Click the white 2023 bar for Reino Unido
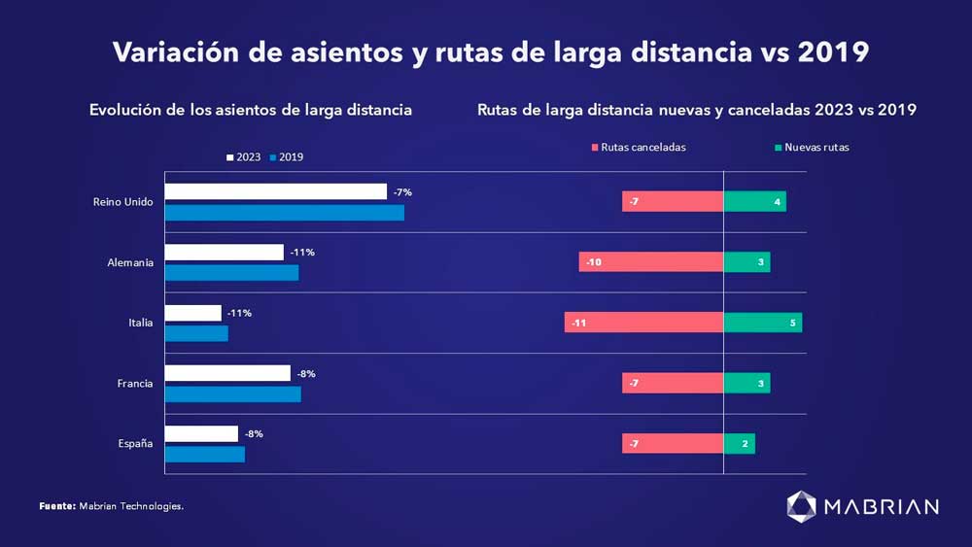275,191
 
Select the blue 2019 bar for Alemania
231,273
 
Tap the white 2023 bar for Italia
192,313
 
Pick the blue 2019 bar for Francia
232,393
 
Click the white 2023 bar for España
201,433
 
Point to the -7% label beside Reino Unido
402,192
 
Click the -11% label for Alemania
303,253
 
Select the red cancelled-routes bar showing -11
643,323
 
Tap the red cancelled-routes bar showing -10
650,262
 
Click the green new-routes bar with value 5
763,323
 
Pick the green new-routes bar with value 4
755,201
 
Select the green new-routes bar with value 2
739,444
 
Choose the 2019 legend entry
287,157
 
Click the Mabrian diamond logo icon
802,505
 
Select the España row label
135,444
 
